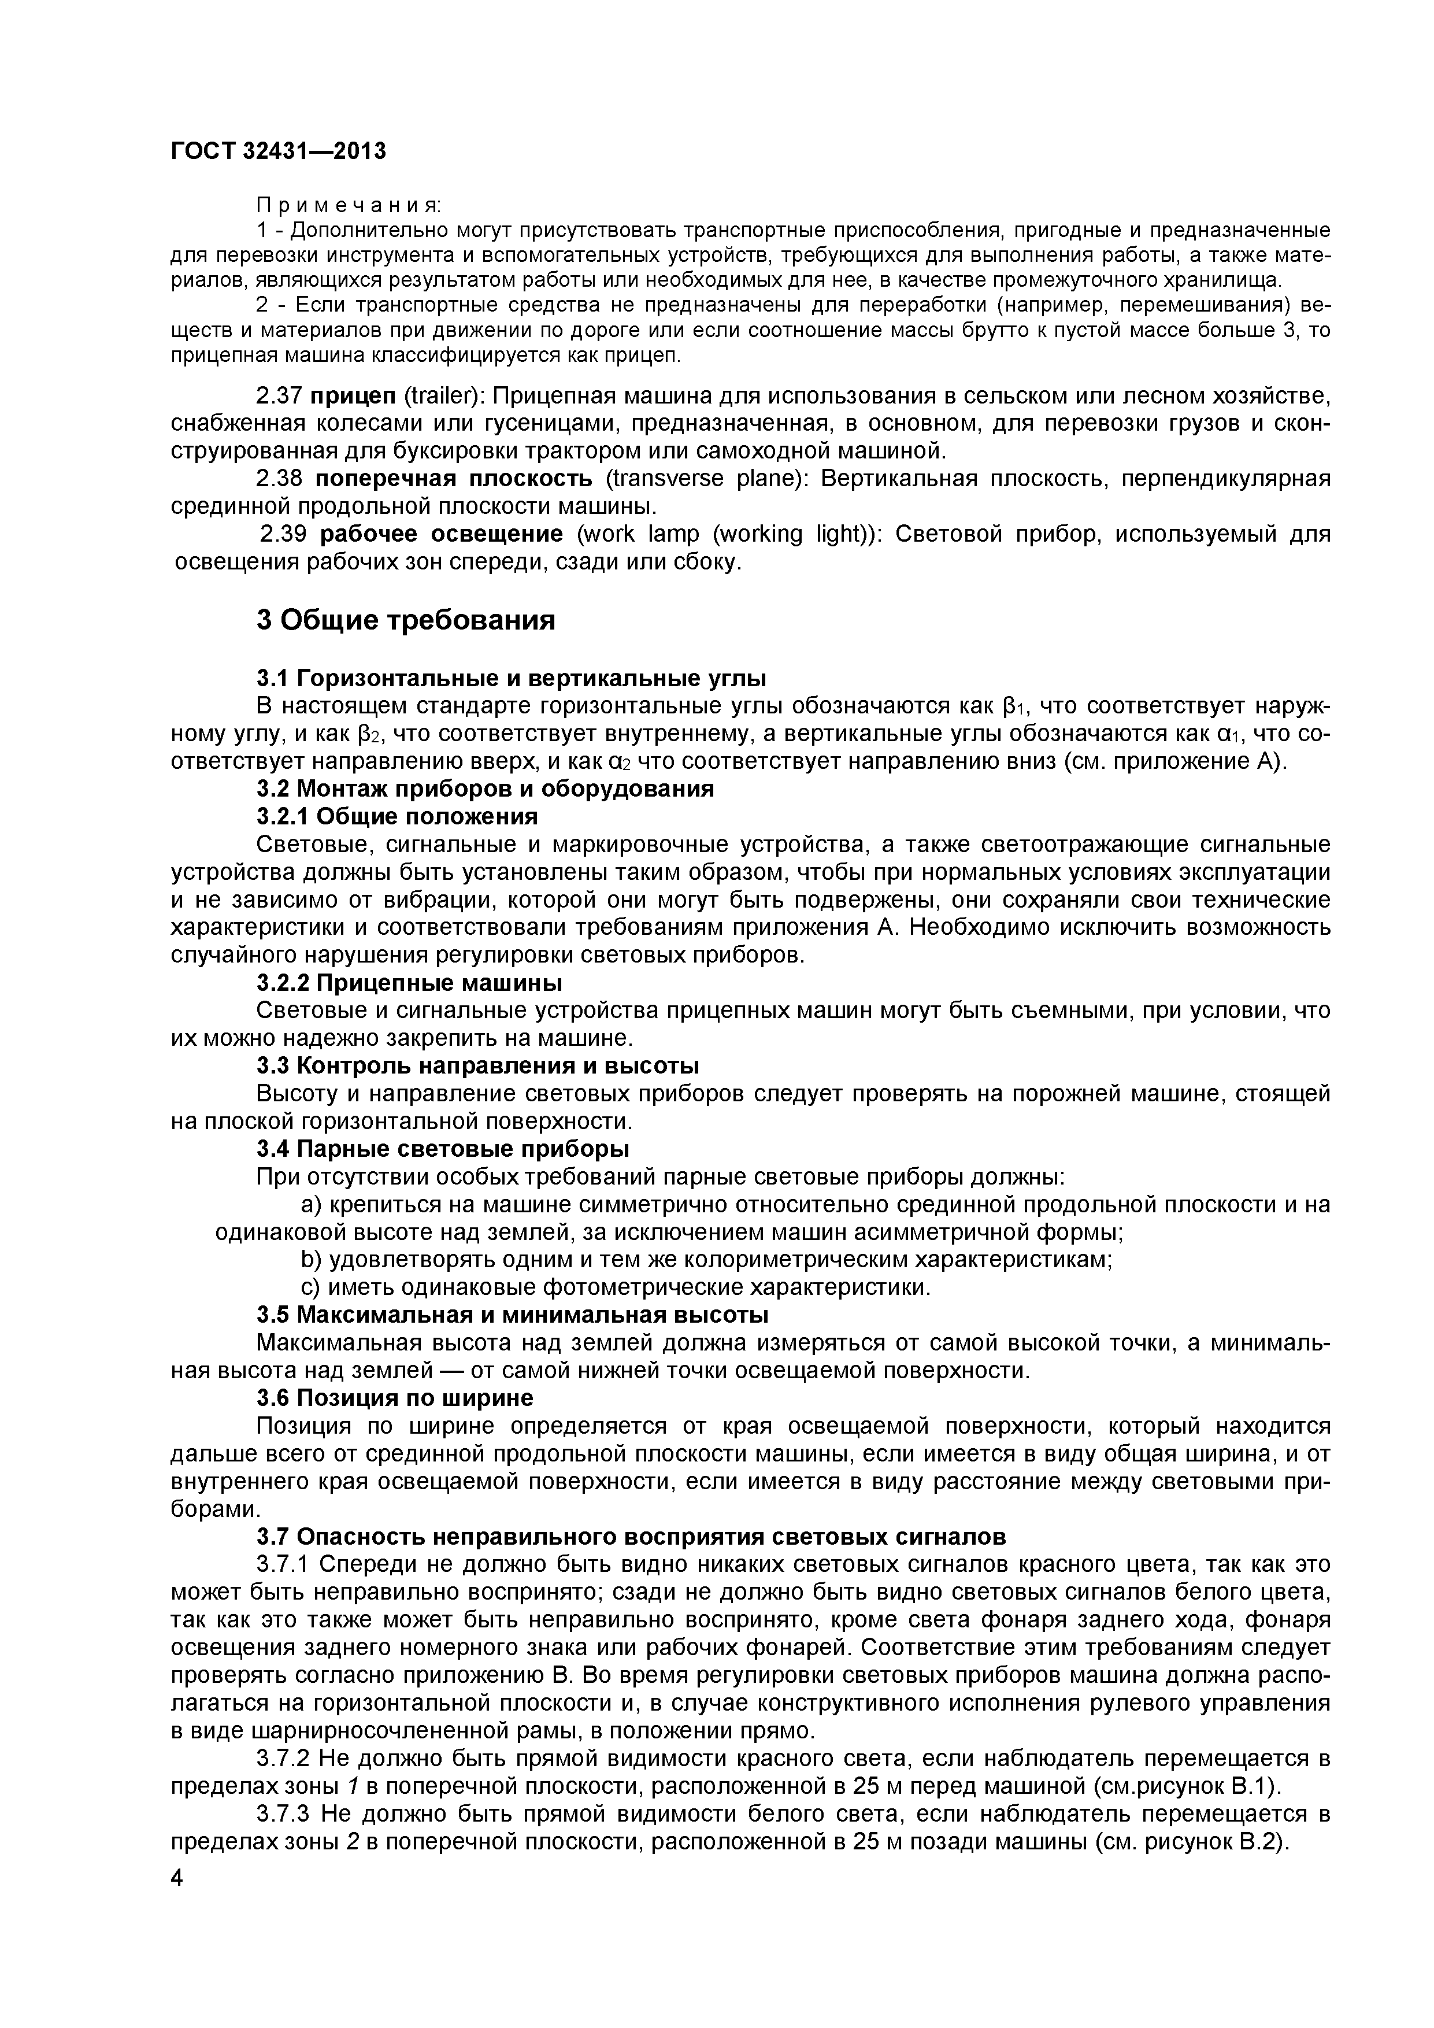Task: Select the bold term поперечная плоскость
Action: [x=454, y=479]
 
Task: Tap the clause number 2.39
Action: [x=284, y=534]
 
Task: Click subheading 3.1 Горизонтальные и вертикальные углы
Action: [x=512, y=678]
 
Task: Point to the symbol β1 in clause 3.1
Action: [x=1016, y=706]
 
